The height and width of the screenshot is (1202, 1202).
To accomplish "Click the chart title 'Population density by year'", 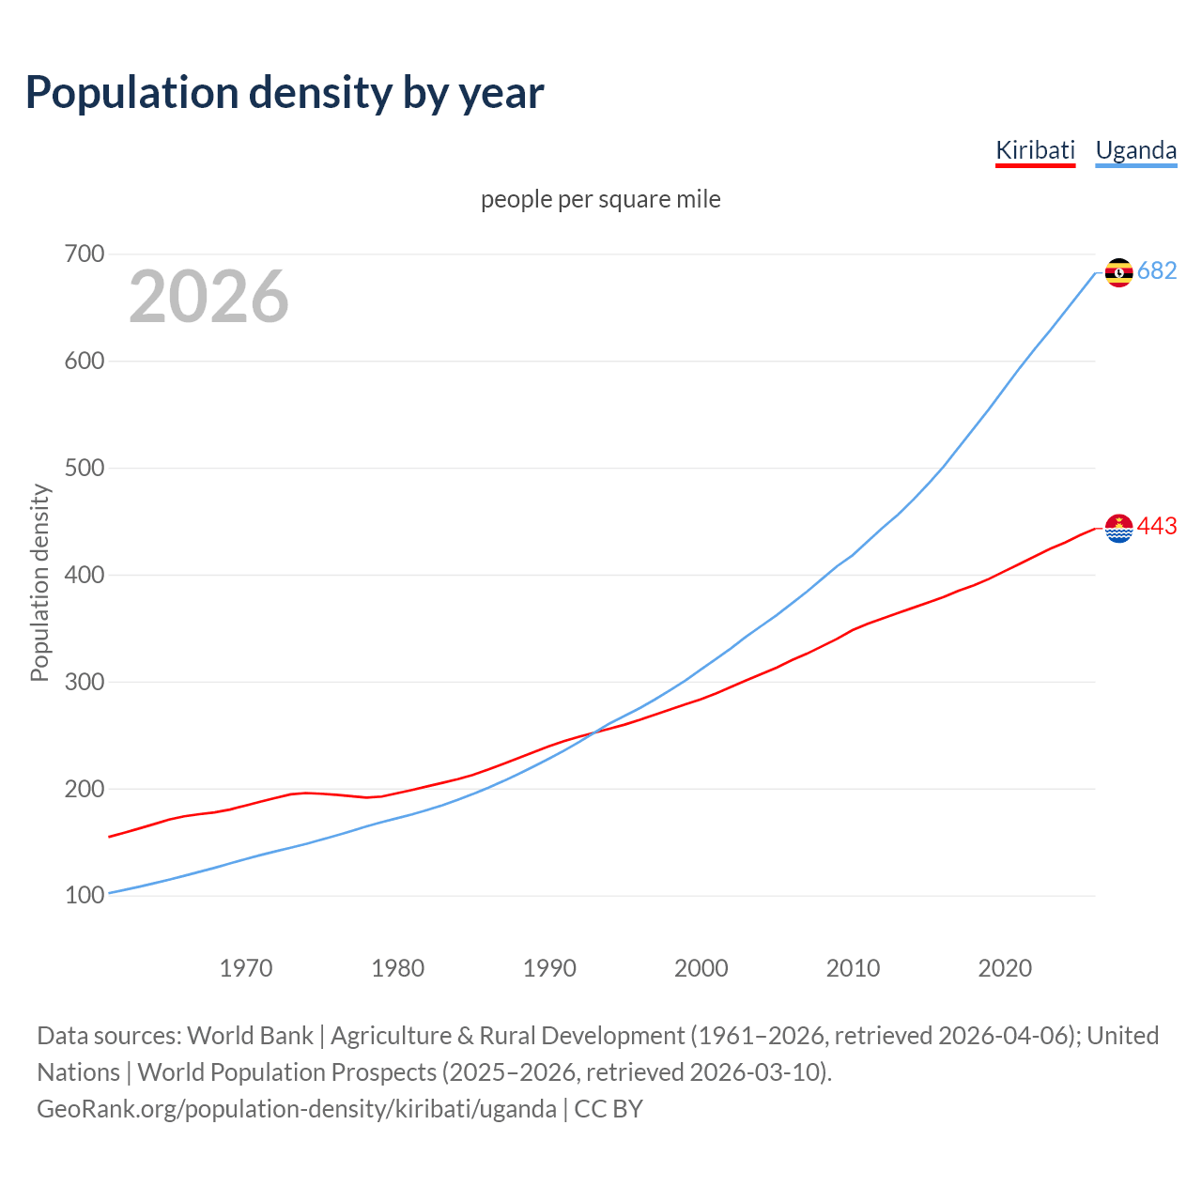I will (285, 93).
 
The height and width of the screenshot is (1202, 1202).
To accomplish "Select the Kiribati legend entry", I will (1035, 150).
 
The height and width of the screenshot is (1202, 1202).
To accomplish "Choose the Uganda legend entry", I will (1136, 150).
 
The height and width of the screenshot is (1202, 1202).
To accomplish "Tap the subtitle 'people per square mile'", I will (601, 200).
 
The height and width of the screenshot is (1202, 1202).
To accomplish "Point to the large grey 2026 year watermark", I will (208, 297).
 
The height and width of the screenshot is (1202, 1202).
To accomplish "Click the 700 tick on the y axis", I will (85, 254).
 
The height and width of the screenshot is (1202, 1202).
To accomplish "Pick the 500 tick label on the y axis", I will (85, 469).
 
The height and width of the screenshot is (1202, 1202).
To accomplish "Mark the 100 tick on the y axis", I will (85, 896).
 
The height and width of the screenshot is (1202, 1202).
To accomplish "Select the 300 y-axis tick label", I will (85, 682).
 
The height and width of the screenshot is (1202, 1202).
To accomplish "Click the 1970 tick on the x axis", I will (246, 968).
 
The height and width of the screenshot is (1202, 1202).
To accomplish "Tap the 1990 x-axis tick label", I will (549, 968).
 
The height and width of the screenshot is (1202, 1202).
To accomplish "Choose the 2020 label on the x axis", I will (1005, 968).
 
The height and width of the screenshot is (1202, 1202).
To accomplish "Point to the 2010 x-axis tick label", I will (853, 968).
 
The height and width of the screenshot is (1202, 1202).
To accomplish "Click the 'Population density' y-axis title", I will (39, 582).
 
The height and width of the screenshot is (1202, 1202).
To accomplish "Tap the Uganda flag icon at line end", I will (1118, 272).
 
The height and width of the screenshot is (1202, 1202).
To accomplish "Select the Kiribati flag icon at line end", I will (1118, 529).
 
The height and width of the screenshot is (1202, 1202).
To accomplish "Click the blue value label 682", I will (1157, 271).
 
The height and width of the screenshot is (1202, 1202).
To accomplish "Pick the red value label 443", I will (1157, 527).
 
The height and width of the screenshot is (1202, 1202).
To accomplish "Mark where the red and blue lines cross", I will (593, 732).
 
